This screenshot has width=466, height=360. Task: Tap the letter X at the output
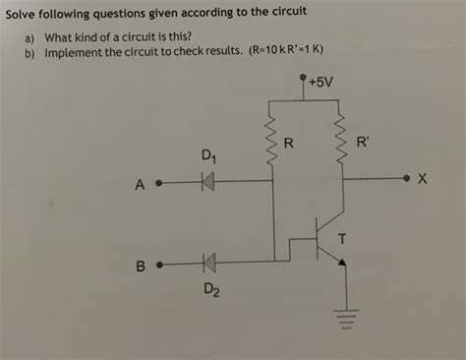[x=423, y=179]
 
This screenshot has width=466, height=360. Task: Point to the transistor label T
[x=342, y=236]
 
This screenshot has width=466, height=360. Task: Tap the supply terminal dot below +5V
[x=304, y=86]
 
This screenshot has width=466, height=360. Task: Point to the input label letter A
[x=141, y=184]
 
